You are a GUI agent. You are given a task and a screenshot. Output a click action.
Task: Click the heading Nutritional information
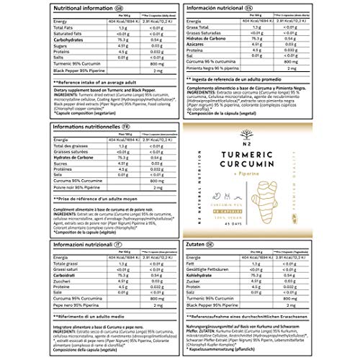tap(45, 6)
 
